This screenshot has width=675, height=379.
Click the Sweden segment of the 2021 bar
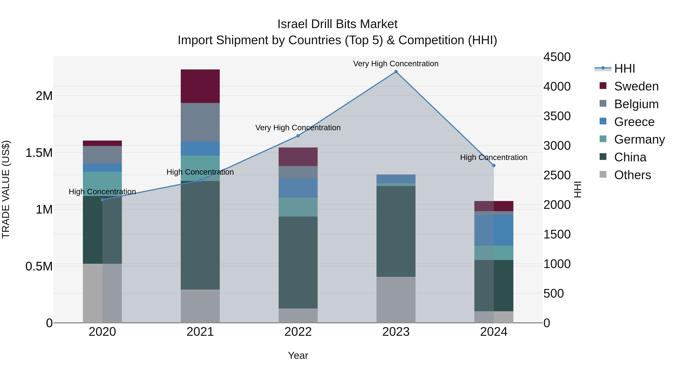pos(200,86)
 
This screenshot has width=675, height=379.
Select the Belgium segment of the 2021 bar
pos(200,122)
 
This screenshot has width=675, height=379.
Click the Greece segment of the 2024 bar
pos(494,230)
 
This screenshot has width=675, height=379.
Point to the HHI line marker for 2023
pos(396,72)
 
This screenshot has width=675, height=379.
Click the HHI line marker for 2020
pos(102,200)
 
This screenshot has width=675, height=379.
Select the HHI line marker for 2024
pos(494,166)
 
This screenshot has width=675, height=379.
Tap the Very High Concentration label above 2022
pos(298,128)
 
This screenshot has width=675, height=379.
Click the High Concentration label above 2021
pos(200,172)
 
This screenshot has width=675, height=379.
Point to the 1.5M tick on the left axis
pos(39,153)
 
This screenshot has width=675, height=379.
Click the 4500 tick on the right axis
pos(557,57)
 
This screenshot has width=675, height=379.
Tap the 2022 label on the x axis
pos(298,332)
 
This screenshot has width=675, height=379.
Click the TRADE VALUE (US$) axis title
pos(6,189)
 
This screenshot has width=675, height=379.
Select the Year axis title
pos(298,355)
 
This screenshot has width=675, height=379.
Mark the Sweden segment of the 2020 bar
pos(102,143)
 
